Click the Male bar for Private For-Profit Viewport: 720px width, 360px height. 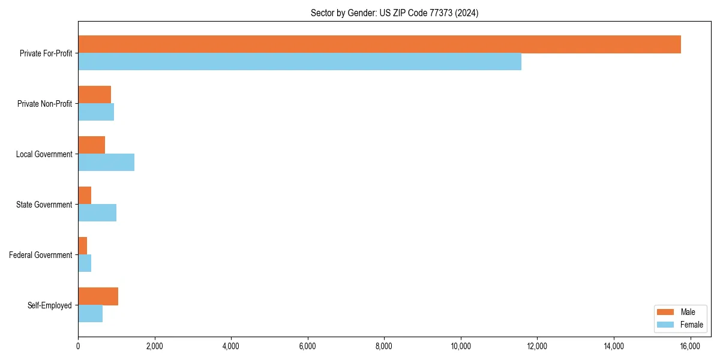pos(379,44)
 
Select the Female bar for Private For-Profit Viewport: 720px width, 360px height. pos(299,61)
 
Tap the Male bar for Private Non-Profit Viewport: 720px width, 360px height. pos(94,95)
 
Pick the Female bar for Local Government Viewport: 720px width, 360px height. pos(106,162)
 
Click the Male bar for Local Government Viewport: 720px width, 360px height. pos(91,145)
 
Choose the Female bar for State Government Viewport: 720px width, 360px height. pos(97,212)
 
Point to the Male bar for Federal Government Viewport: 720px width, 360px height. pos(83,246)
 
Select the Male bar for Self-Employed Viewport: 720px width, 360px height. pos(98,296)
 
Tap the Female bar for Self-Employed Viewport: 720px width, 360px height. pos(90,313)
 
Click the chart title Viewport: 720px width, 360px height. pos(394,13)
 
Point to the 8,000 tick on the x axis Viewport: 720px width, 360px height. pos(384,346)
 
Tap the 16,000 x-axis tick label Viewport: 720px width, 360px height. pos(690,346)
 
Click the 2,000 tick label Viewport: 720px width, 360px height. pos(154,346)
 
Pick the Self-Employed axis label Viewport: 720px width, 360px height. pos(50,305)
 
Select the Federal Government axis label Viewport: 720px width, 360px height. pos(41,255)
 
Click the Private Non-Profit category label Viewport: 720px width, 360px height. pos(44,104)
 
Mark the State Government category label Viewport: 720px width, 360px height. pos(44,205)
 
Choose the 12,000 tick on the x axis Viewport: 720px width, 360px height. pos(537,346)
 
